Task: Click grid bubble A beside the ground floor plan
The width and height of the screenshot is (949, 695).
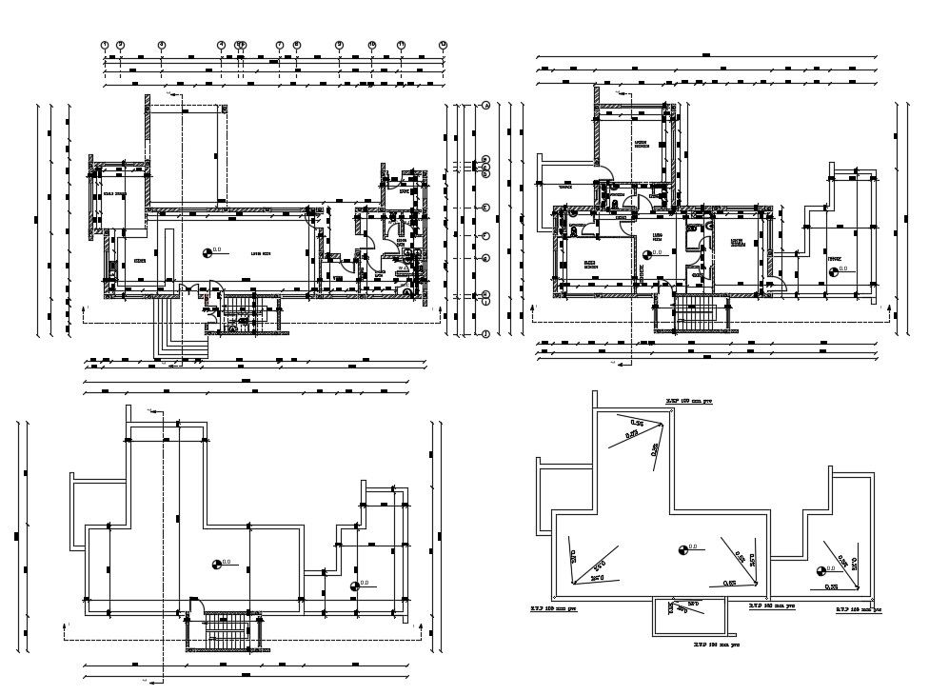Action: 485,106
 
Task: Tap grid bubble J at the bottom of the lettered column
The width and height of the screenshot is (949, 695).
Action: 485,333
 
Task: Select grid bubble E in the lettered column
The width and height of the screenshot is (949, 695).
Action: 485,207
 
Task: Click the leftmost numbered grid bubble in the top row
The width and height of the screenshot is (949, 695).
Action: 106,45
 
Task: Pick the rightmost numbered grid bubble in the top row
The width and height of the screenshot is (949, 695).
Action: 443,45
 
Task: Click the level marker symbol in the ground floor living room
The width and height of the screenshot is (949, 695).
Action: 207,252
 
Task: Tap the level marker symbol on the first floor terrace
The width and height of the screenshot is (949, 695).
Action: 834,271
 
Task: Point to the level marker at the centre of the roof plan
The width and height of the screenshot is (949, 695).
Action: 682,548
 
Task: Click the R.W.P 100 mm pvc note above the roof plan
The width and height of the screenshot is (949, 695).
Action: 690,402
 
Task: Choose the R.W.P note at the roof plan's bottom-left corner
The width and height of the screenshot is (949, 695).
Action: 555,606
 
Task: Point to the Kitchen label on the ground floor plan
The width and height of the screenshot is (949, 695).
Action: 139,259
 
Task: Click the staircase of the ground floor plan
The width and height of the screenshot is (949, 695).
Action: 245,313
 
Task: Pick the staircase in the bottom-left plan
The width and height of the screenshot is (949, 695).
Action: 225,628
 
